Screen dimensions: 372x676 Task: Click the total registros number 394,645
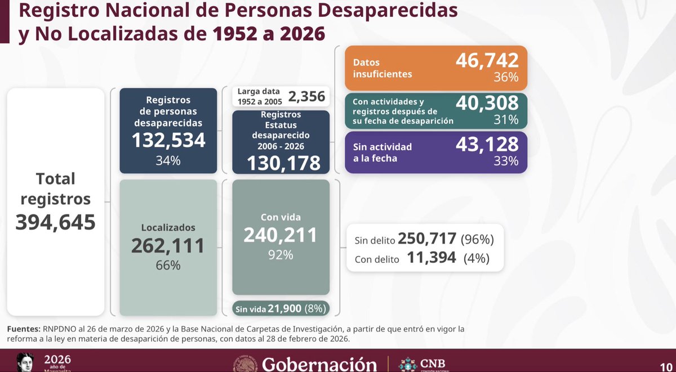tap(55, 222)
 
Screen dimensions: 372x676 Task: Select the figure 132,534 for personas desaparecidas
tap(168, 140)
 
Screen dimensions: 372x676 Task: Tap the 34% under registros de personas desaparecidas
tap(168, 160)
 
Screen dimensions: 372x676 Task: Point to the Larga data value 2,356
tap(306, 96)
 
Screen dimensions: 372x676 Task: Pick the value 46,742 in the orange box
tap(487, 59)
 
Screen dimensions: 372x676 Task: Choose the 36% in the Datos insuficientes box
tap(505, 78)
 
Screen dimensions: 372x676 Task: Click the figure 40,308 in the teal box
tap(487, 102)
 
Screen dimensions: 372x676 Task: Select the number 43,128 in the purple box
tap(487, 144)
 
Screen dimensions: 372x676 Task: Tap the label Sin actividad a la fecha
tap(383, 153)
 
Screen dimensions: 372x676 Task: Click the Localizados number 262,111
tap(168, 245)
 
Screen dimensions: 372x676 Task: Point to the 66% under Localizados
tap(168, 265)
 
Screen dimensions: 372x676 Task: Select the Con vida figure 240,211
tap(280, 235)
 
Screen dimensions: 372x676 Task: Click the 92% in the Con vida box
tap(280, 255)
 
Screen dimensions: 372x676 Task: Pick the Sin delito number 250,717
tap(427, 239)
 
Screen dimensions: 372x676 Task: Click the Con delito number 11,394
tap(432, 259)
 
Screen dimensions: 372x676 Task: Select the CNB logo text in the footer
tap(432, 362)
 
